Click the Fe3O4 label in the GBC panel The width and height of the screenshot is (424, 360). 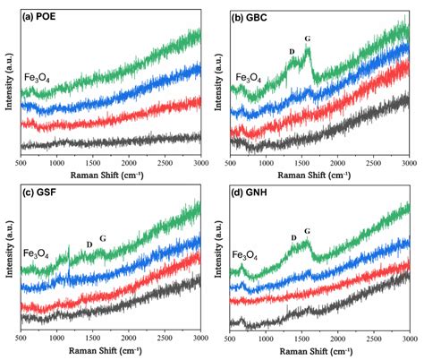248,78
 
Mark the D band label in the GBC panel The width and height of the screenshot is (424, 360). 292,51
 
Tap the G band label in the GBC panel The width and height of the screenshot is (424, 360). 308,39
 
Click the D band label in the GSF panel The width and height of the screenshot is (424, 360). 89,244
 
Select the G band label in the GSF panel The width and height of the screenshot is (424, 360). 102,238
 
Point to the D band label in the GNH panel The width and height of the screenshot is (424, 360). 293,237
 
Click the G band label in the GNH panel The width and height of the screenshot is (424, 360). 307,231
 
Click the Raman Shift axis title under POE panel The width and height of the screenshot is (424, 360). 111,176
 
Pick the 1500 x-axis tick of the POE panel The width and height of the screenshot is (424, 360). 92,164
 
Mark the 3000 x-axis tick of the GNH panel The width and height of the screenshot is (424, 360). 409,340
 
